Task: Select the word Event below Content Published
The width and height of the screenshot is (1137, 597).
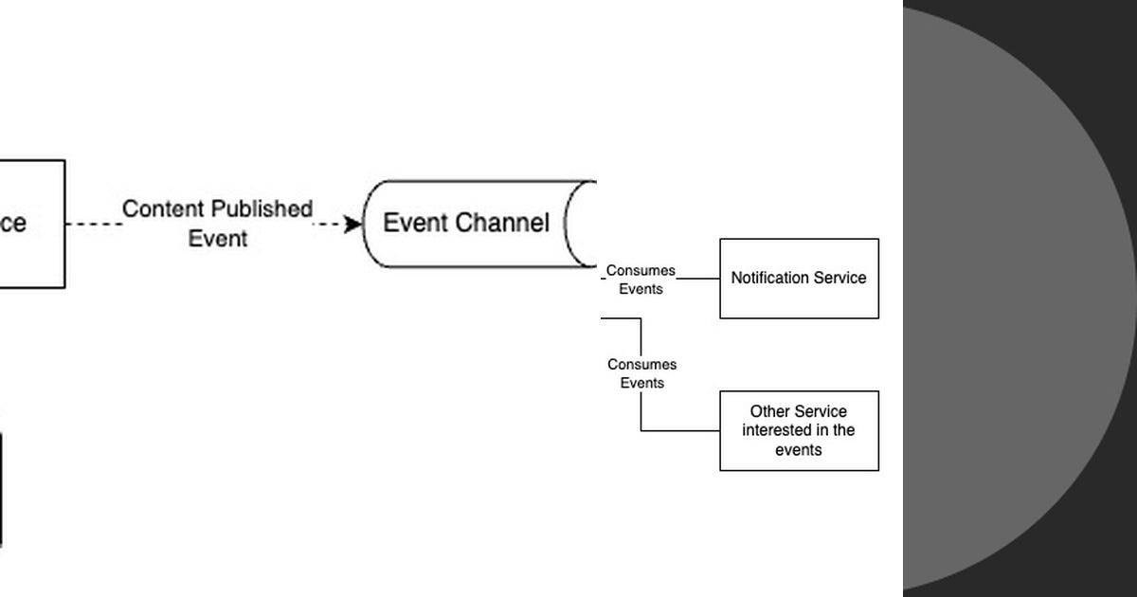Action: (x=217, y=239)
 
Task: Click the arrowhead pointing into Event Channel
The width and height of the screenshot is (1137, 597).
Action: (x=353, y=225)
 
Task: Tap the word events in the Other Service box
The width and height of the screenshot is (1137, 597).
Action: (x=798, y=450)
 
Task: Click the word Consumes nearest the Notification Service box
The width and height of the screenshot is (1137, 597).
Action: (x=641, y=271)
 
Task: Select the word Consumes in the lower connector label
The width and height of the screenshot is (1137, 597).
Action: (x=641, y=365)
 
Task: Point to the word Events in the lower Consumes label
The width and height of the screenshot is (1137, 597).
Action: (x=641, y=383)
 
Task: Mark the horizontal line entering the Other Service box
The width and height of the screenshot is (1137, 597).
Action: (x=680, y=431)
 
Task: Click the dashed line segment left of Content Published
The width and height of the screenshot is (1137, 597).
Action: (x=93, y=225)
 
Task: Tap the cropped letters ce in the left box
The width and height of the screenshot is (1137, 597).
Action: (x=12, y=224)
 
